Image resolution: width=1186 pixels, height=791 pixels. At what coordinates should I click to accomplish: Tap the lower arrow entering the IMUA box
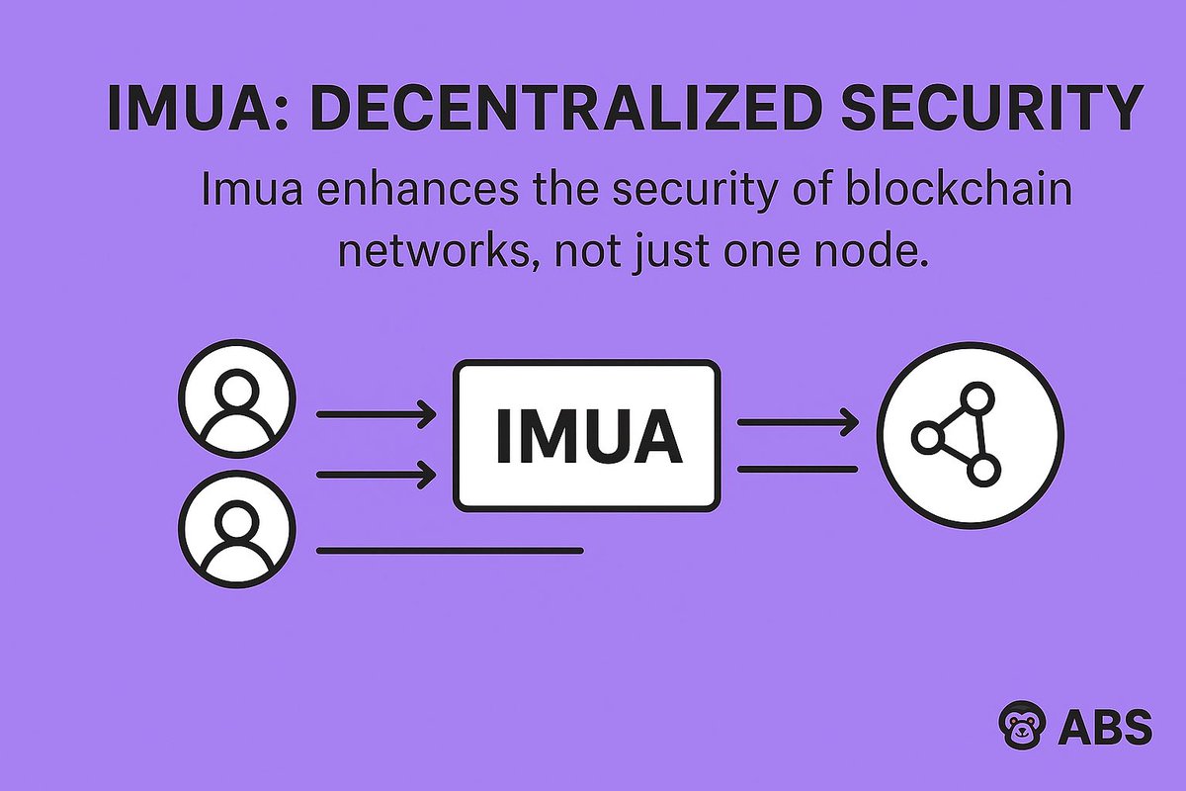(377, 476)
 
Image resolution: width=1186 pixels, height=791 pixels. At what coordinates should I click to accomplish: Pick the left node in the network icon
(928, 437)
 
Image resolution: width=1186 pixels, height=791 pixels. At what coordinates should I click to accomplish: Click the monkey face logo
(1019, 728)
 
